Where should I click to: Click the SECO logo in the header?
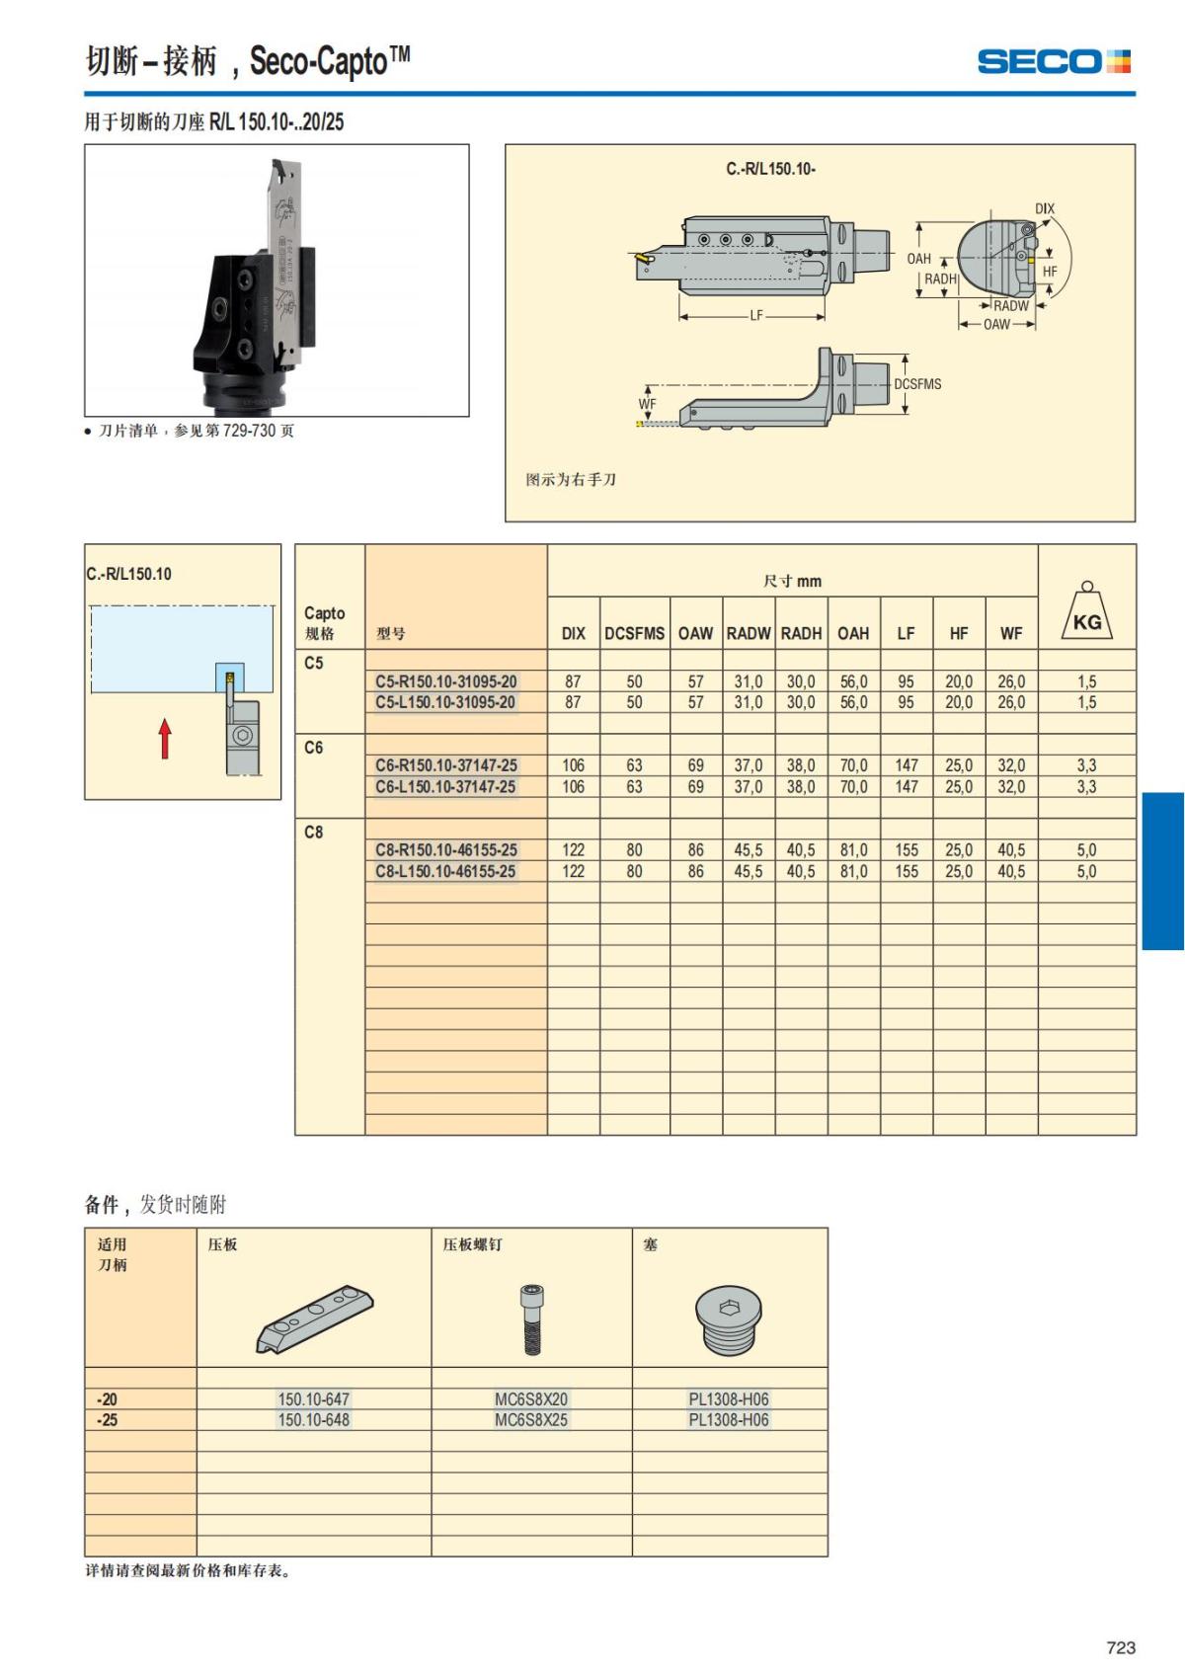click(1053, 61)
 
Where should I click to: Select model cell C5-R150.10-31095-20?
click(445, 681)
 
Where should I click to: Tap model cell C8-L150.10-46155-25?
click(445, 871)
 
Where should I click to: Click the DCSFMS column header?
click(634, 633)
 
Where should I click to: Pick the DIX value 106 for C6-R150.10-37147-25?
click(573, 765)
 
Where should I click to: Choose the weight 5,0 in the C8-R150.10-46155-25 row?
click(1086, 849)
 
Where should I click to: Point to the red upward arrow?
click(165, 738)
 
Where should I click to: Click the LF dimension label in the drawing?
click(755, 316)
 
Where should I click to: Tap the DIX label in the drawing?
click(1044, 208)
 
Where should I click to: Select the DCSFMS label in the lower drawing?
click(917, 384)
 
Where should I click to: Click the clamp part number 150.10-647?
click(313, 1398)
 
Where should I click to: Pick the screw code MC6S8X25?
click(531, 1419)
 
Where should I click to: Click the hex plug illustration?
click(728, 1318)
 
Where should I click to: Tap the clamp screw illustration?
click(532, 1318)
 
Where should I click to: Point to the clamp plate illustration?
click(315, 1318)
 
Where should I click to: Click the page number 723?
click(1121, 1646)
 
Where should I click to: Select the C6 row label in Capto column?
click(313, 748)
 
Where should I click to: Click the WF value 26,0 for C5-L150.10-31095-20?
click(1011, 702)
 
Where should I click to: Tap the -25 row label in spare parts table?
click(107, 1419)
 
